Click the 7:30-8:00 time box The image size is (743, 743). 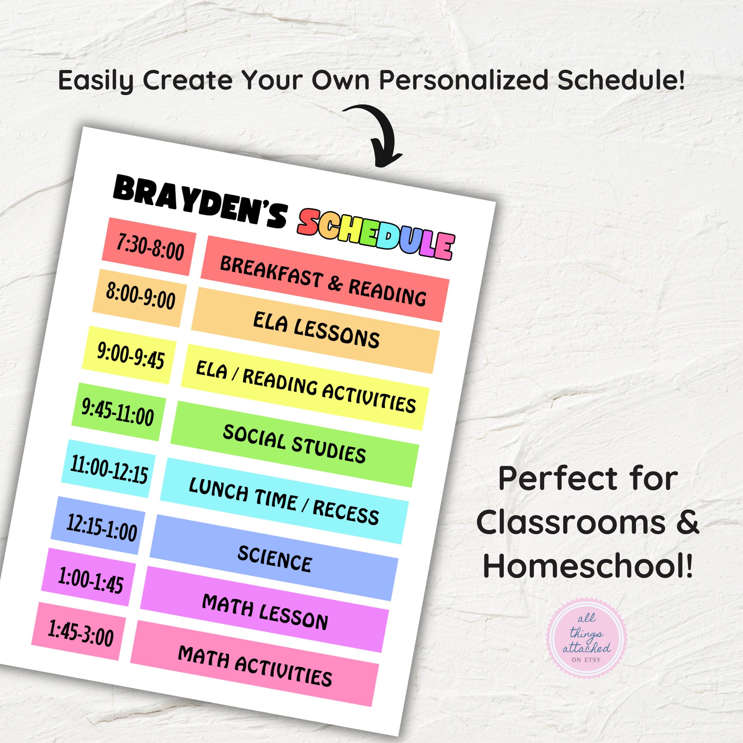pos(150,247)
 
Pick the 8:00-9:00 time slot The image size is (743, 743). pos(140,298)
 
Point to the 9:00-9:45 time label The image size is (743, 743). pos(130,354)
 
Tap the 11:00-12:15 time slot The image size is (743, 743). pos(108,469)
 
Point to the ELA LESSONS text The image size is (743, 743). pos(316,330)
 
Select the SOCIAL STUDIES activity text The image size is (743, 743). pos(294,444)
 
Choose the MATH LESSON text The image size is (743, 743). pos(265,611)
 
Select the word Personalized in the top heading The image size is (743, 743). pos(463,80)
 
